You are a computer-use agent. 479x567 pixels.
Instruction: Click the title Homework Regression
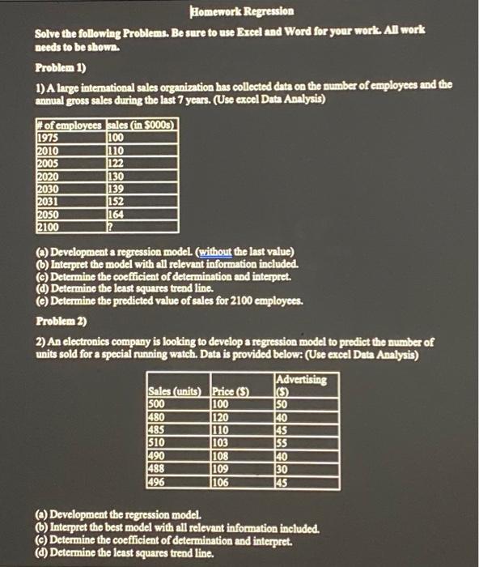240,12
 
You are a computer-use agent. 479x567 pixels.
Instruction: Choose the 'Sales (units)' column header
176,393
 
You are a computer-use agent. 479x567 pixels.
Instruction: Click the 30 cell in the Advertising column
282,469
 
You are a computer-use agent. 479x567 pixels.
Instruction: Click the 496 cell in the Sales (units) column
158,482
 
